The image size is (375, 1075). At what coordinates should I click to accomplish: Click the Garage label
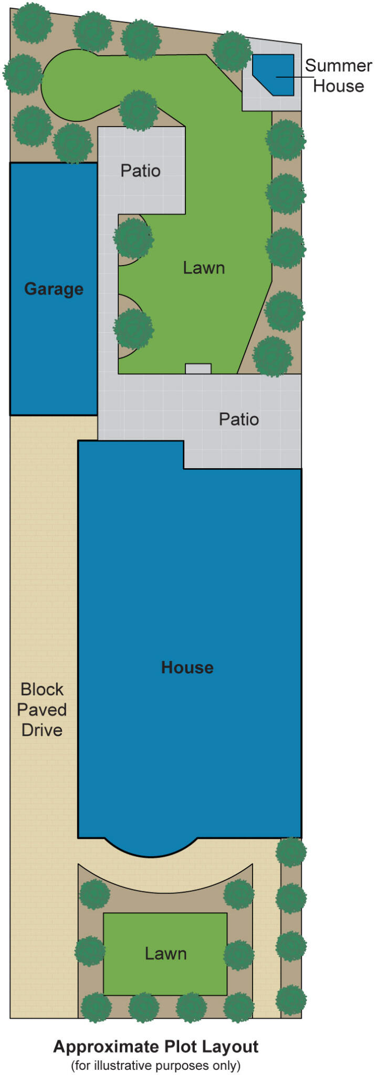(x=54, y=289)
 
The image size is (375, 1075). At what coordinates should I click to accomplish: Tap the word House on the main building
(x=187, y=667)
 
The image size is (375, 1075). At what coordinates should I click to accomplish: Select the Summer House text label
(x=338, y=76)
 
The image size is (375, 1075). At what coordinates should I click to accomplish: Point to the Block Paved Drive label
(x=41, y=709)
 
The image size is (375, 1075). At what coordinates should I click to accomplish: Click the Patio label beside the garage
(x=140, y=171)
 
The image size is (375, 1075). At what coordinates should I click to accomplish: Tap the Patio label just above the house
(x=238, y=419)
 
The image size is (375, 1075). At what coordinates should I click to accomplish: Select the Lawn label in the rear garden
(x=204, y=268)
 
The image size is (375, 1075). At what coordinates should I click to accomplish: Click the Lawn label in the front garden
(x=165, y=953)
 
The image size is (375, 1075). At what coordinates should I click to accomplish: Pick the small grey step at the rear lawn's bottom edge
(x=198, y=368)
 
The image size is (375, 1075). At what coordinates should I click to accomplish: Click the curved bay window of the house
(x=151, y=846)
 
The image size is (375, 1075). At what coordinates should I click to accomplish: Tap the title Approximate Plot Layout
(x=155, y=1047)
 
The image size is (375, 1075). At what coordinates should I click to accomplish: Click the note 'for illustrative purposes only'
(x=155, y=1066)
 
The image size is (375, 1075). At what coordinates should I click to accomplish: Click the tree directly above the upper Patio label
(x=138, y=110)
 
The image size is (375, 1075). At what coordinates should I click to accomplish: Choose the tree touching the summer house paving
(x=232, y=51)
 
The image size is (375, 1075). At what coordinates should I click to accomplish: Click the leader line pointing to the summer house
(x=295, y=77)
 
